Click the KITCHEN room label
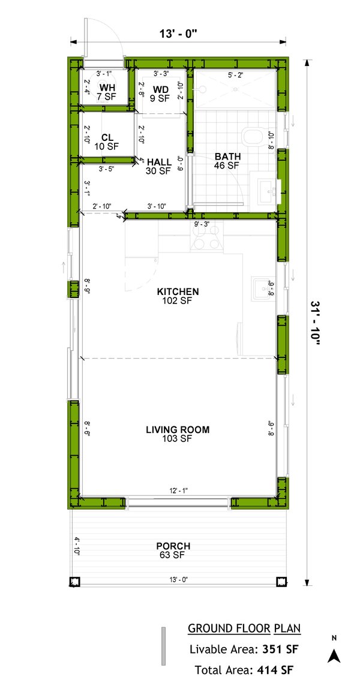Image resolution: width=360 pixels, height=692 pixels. click(x=178, y=292)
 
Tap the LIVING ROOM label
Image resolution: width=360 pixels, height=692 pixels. click(x=178, y=429)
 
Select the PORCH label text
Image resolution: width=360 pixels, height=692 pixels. click(x=173, y=546)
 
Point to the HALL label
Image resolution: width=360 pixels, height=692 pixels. click(x=159, y=162)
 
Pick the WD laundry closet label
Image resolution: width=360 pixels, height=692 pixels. click(x=160, y=90)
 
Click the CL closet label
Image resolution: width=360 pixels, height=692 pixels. click(x=108, y=136)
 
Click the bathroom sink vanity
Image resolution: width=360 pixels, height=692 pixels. click(x=265, y=191)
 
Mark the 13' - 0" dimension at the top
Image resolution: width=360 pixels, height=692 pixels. click(x=178, y=34)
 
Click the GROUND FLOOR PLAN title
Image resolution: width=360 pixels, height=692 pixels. click(x=244, y=628)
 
